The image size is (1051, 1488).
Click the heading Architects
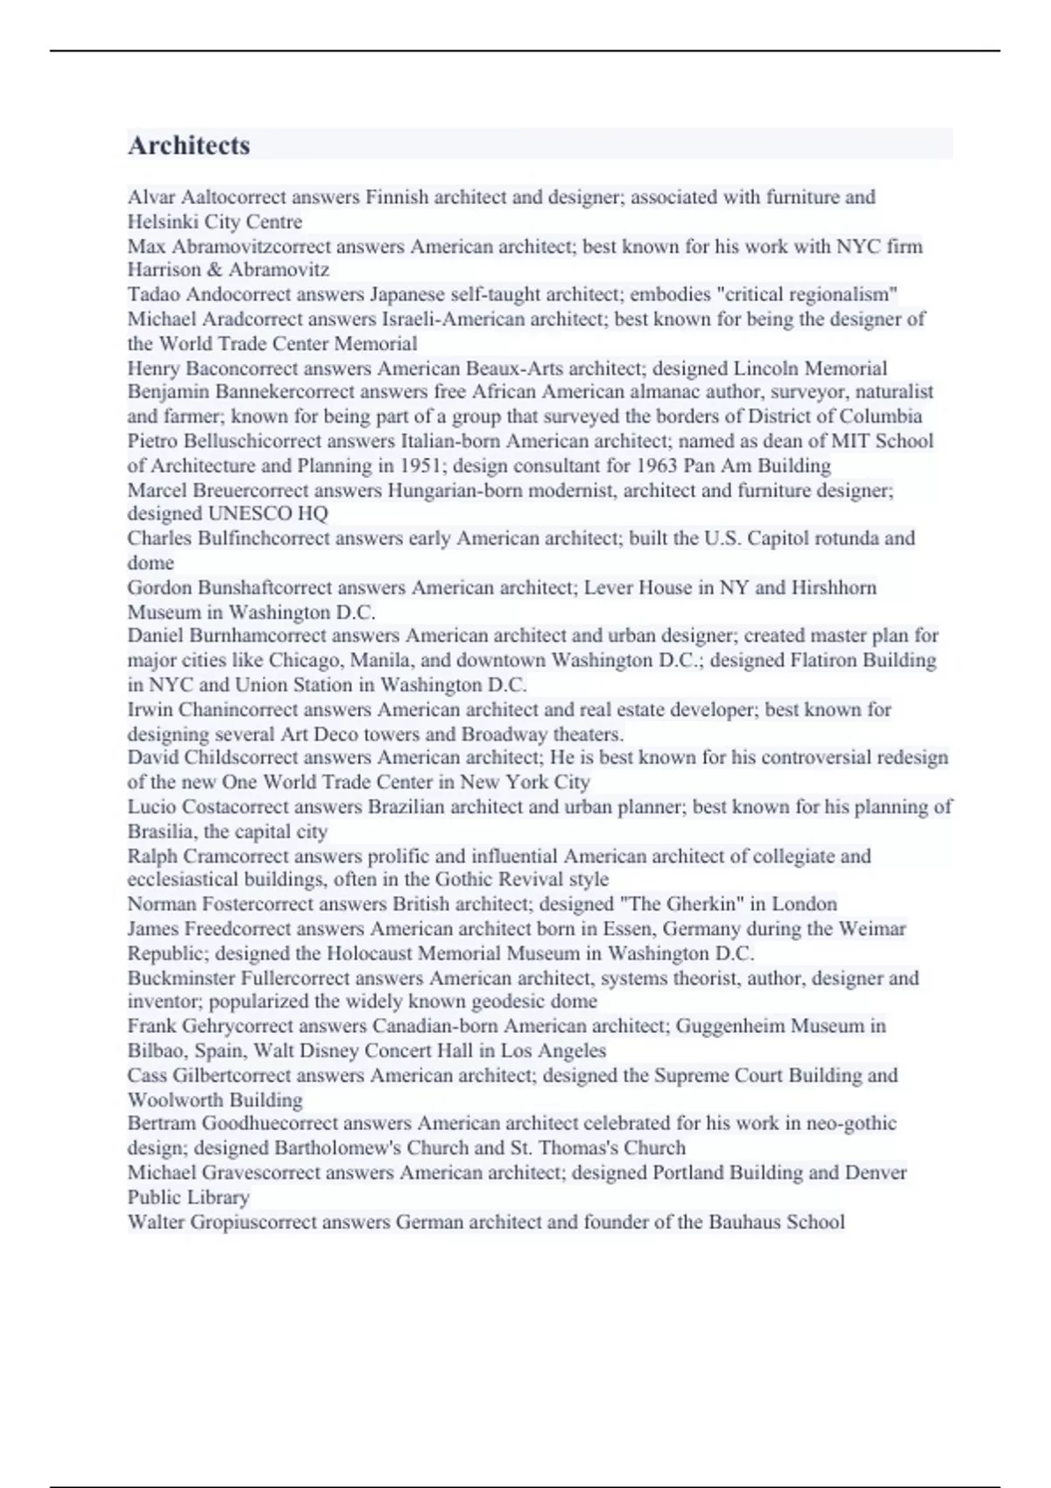coord(189,145)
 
